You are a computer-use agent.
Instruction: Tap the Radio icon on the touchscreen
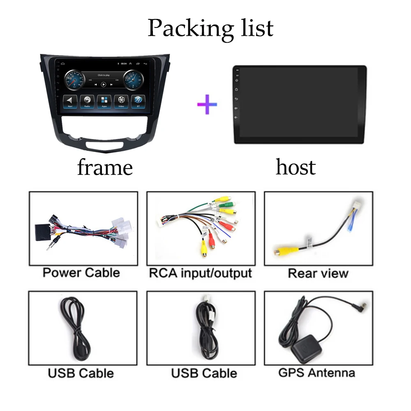pos(87,101)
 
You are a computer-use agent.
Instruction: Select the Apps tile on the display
pos(104,101)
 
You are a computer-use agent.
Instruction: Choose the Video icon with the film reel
pos(121,101)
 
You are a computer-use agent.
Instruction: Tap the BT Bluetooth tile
pos(138,101)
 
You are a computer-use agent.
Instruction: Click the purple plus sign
pos(207,104)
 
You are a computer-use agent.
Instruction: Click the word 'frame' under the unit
pos(105,167)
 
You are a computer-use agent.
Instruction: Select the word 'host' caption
pos(296,167)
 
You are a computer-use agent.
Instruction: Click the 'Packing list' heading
pos(210,28)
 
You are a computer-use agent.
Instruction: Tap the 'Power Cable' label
pos(81,272)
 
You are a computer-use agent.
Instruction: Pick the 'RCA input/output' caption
pos(200,273)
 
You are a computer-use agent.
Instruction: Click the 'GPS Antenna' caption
pos(316,373)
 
